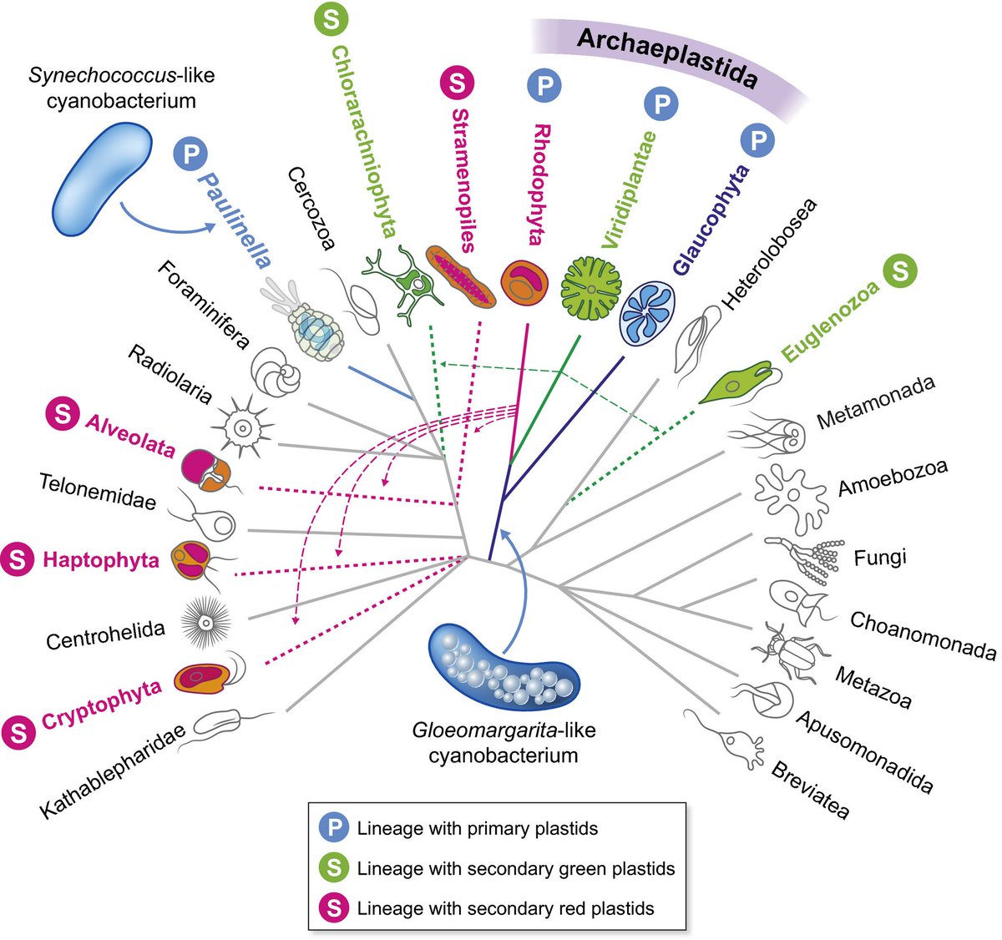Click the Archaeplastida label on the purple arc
click(666, 57)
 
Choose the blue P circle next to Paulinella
click(190, 154)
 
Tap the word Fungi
click(879, 558)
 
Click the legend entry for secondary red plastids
click(504, 908)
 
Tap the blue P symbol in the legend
click(333, 829)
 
